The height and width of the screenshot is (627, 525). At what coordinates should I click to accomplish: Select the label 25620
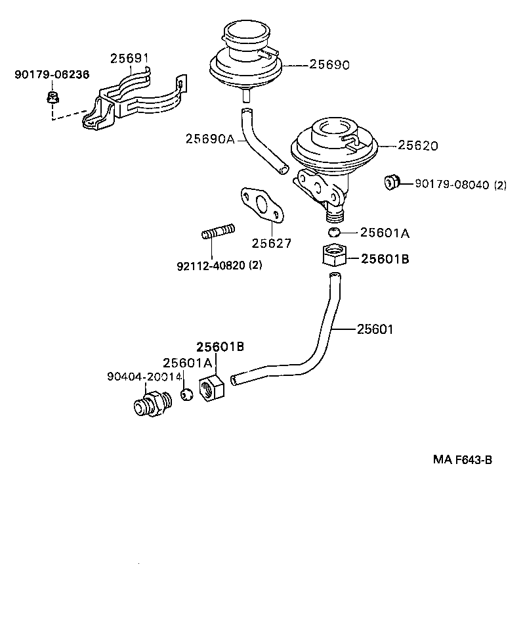(418, 145)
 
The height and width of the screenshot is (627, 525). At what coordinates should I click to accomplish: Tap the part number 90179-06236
(52, 75)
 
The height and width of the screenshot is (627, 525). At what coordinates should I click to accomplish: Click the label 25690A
(210, 139)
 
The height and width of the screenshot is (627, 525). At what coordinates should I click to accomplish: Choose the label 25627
(272, 243)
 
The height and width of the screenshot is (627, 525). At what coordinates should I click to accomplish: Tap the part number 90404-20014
(144, 377)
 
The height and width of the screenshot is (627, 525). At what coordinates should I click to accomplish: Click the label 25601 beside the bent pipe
(375, 329)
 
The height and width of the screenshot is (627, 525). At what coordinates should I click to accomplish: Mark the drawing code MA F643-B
(462, 460)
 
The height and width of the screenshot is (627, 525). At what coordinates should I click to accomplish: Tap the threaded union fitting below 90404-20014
(150, 403)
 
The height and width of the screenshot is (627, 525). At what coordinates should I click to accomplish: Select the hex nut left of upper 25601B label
(333, 255)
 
